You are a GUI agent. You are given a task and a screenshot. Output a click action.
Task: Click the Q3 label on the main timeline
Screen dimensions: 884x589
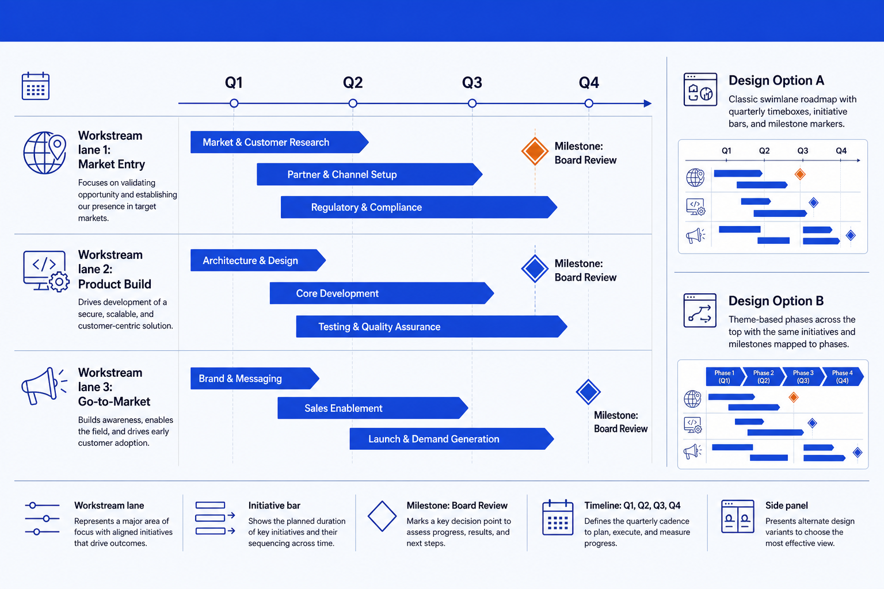(x=472, y=82)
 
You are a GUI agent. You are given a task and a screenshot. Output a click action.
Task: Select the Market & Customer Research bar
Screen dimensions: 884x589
(x=279, y=142)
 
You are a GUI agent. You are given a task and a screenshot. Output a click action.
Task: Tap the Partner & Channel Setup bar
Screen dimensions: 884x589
(x=369, y=174)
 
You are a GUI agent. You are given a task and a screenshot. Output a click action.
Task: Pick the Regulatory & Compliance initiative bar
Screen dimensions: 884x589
(x=419, y=207)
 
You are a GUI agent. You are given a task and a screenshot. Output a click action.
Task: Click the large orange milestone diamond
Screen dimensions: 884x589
(x=535, y=151)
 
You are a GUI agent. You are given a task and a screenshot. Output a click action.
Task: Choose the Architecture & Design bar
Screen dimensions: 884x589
(x=258, y=261)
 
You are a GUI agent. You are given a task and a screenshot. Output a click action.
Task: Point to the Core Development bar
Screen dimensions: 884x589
(x=382, y=293)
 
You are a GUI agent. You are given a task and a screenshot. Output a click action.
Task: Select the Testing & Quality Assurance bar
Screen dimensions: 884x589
(x=432, y=326)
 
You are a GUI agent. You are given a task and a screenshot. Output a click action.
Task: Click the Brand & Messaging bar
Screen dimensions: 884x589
(x=255, y=378)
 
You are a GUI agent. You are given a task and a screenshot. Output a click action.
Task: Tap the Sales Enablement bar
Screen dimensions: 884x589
(x=373, y=408)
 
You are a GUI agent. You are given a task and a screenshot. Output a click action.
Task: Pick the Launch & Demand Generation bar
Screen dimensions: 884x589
(x=452, y=439)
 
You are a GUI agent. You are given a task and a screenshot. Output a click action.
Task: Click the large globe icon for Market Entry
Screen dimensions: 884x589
(x=44, y=152)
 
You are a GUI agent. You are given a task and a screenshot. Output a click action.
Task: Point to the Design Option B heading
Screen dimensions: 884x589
(x=776, y=301)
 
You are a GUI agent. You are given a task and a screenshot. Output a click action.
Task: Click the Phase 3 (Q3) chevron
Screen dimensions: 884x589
(x=803, y=376)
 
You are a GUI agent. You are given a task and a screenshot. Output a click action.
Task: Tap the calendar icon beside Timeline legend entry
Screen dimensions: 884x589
(x=558, y=517)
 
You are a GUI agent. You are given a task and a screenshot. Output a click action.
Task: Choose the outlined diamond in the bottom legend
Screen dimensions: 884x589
(x=382, y=516)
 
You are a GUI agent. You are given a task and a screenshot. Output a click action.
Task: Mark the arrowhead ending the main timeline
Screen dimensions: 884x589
(x=647, y=104)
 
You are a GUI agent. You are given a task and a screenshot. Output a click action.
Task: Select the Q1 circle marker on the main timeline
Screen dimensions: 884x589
(x=234, y=104)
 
